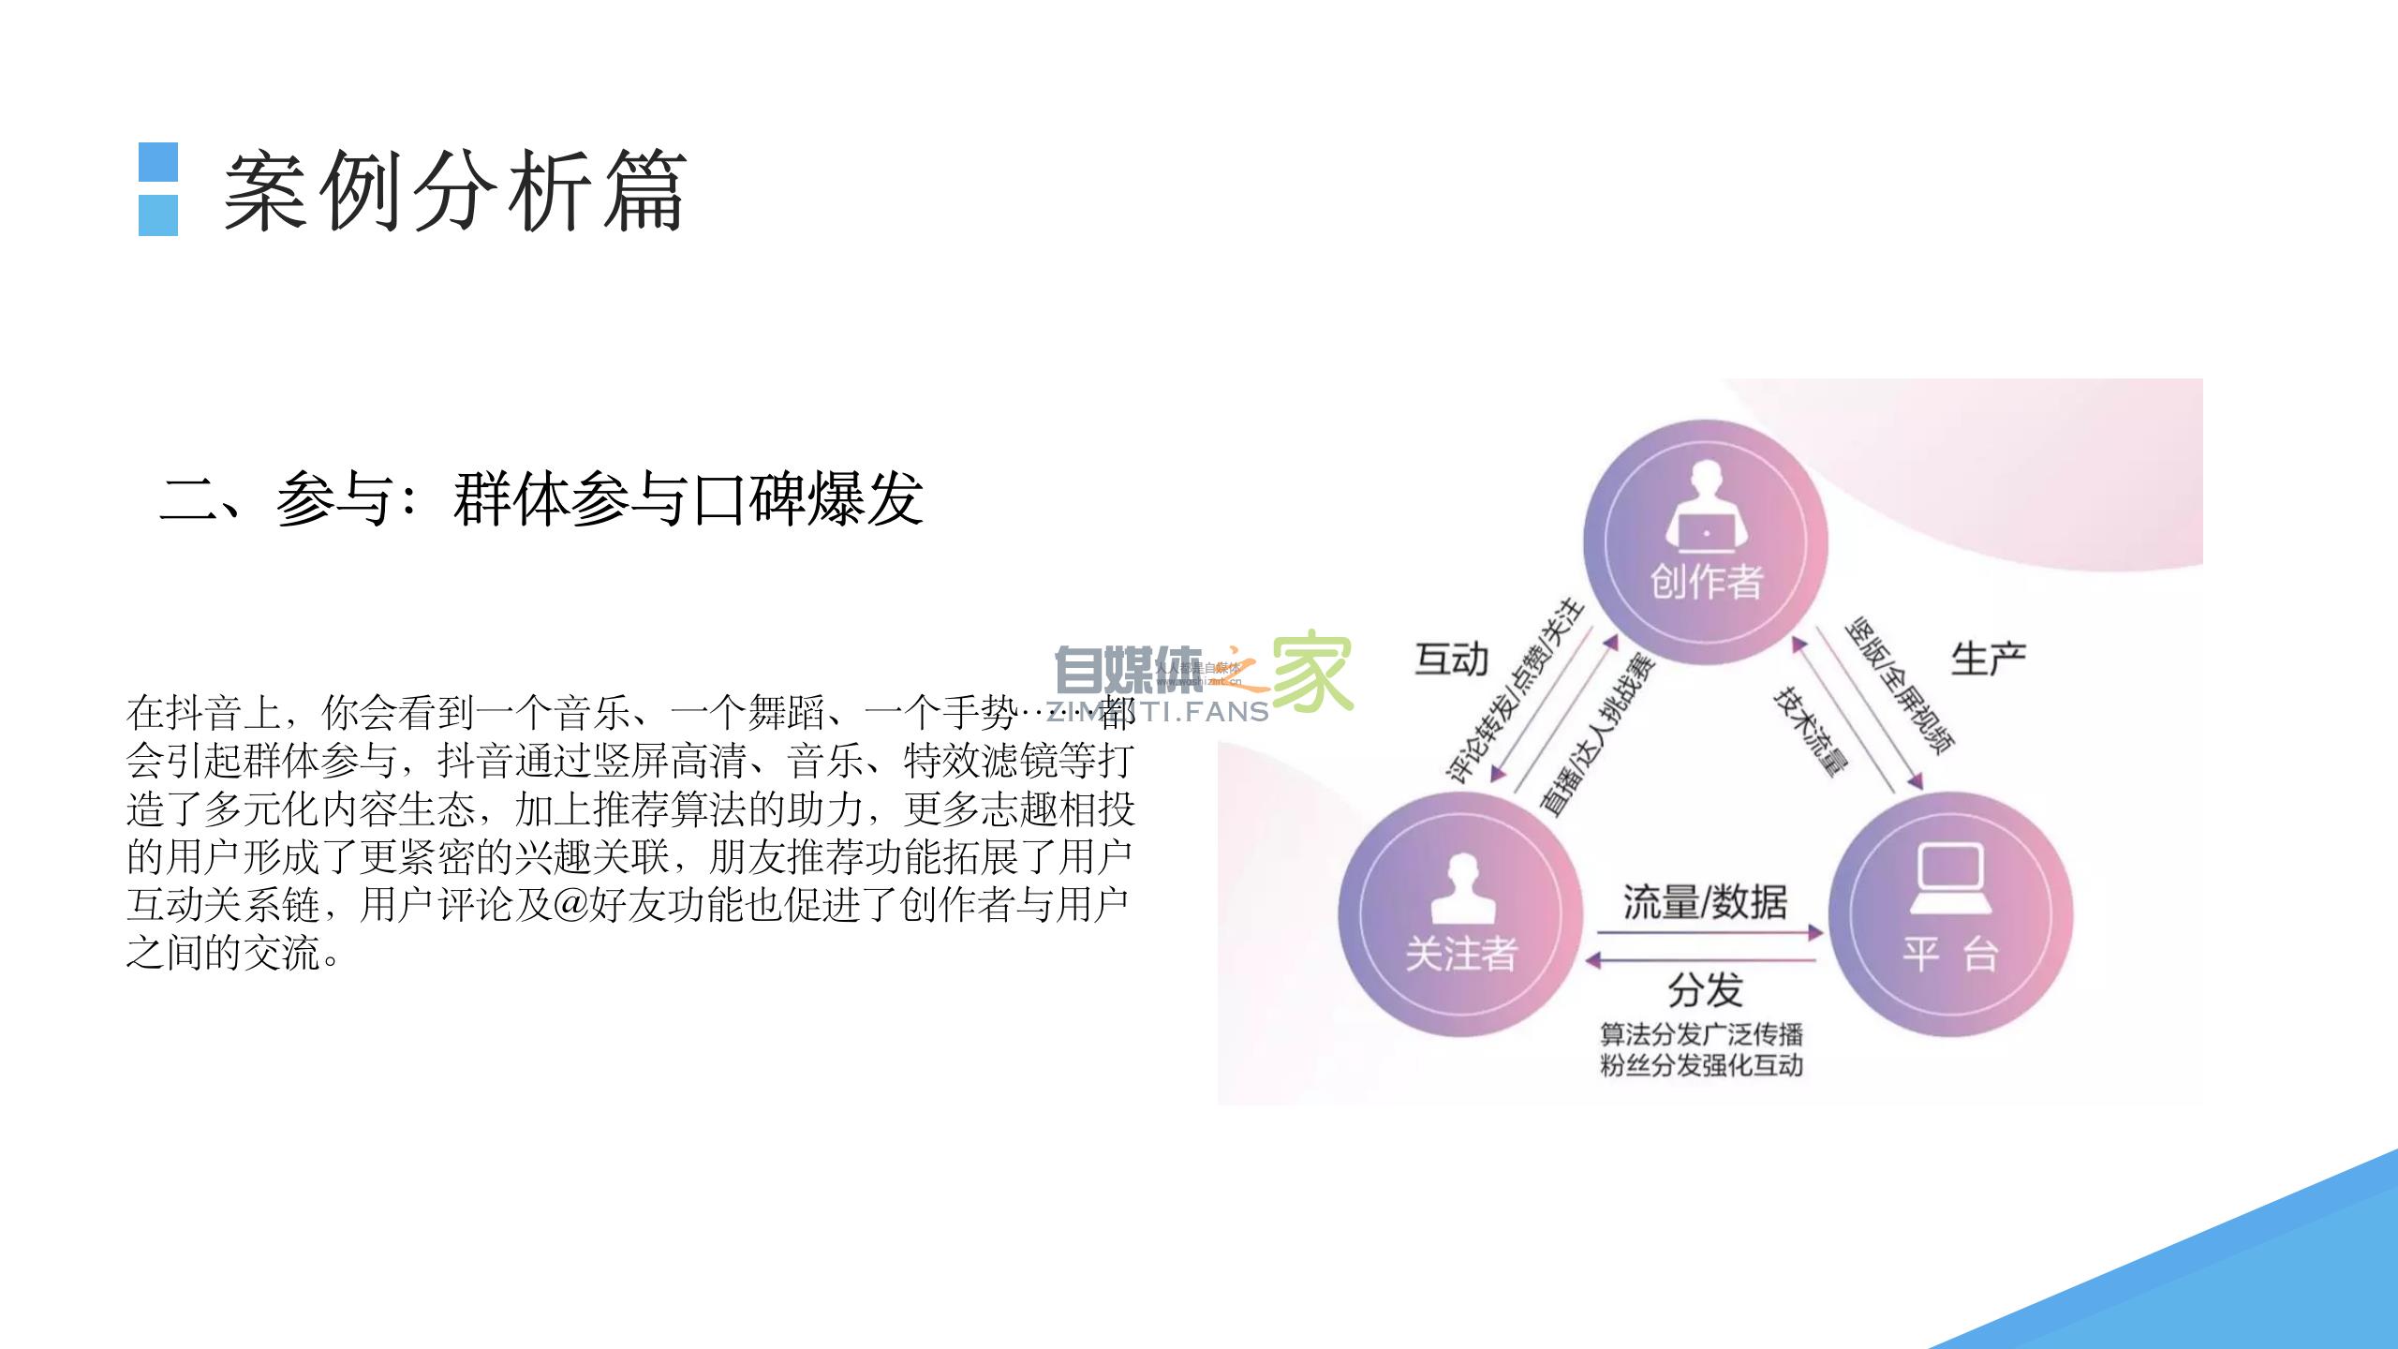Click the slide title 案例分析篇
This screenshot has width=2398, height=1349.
click(x=455, y=191)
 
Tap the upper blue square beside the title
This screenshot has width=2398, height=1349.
click(x=158, y=162)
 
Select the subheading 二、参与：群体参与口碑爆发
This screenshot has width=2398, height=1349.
click(x=541, y=498)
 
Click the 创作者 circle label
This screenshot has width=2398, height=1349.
click(x=1707, y=582)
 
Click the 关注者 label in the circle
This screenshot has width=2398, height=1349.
click(x=1461, y=954)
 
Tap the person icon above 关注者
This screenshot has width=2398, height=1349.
click(x=1462, y=889)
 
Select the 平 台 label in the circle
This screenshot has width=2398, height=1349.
click(x=1950, y=954)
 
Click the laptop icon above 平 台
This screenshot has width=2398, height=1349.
click(x=1951, y=878)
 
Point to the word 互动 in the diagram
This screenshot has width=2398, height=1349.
click(x=1451, y=660)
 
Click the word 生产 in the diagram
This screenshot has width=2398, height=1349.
click(x=1988, y=660)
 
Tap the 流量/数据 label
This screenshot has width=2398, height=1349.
click(x=1705, y=902)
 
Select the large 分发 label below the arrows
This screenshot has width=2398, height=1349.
click(x=1705, y=989)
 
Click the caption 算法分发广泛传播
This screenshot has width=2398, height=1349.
click(x=1701, y=1034)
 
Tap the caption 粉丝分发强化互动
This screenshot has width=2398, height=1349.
click(x=1701, y=1065)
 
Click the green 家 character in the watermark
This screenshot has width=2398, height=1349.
click(x=1311, y=673)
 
